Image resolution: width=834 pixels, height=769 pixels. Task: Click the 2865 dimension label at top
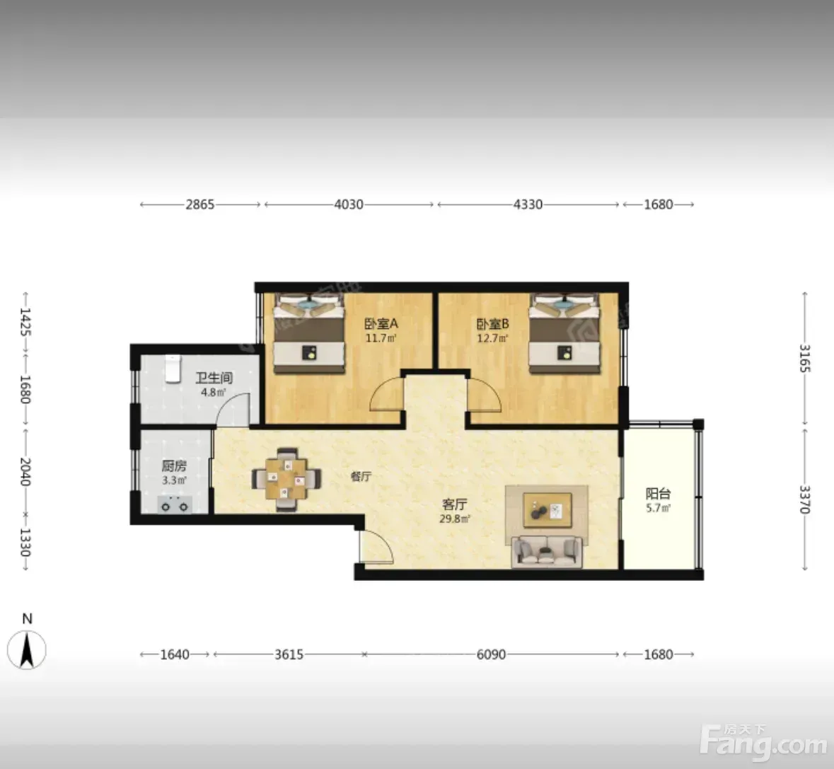200,204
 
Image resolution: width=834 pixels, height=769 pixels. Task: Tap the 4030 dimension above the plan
349,204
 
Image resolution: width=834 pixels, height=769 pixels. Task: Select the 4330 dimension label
528,204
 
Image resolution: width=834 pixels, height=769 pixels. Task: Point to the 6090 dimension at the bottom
491,654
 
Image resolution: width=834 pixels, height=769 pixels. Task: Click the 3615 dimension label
289,654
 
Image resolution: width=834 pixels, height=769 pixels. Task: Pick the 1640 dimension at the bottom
175,654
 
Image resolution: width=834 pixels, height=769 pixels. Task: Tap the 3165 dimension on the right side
805,359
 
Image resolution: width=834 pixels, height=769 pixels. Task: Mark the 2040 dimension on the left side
25,472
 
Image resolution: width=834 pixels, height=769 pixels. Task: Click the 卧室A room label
381,323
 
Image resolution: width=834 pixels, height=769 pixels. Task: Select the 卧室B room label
492,323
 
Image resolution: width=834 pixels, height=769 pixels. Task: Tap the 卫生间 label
214,378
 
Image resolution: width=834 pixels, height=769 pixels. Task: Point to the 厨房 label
174,466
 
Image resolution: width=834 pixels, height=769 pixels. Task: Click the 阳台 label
658,494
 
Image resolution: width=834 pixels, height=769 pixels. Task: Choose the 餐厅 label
361,477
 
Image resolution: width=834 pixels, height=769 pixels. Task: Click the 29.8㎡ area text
454,519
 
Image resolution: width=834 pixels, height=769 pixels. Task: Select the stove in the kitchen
175,504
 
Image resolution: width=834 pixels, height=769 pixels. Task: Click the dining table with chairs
286,479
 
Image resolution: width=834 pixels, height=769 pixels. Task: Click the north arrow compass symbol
27,649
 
